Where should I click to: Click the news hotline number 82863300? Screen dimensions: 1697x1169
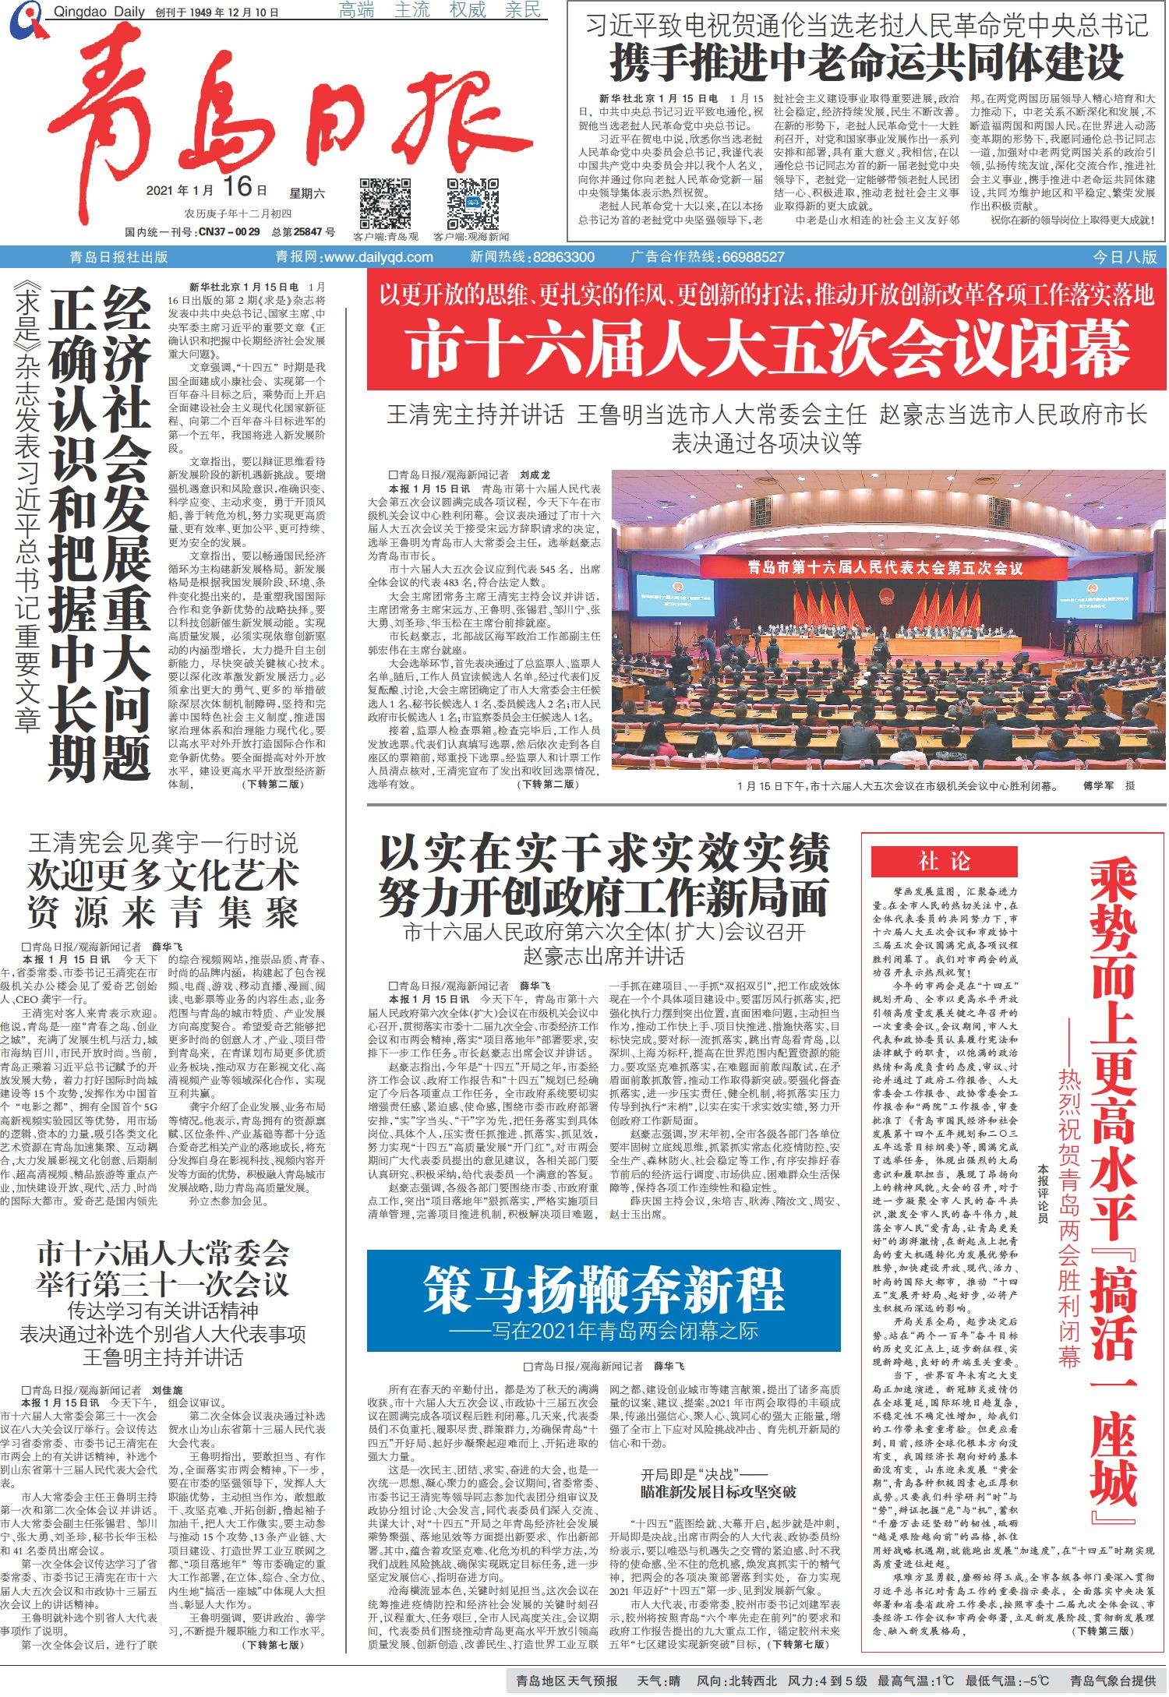564,257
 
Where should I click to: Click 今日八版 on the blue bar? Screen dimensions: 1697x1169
1125,257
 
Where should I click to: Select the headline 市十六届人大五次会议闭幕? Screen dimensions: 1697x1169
767,349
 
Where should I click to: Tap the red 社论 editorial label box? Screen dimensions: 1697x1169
944,861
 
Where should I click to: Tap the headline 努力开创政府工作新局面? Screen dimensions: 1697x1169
603,898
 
